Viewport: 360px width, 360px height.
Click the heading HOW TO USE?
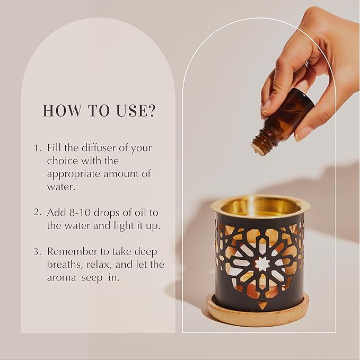(x=99, y=110)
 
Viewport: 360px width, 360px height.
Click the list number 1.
(x=37, y=147)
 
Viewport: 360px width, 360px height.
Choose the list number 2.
(x=37, y=212)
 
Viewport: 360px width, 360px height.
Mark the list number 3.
(x=37, y=251)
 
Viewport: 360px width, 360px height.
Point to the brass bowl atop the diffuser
(x=260, y=206)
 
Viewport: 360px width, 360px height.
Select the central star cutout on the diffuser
(x=262, y=264)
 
